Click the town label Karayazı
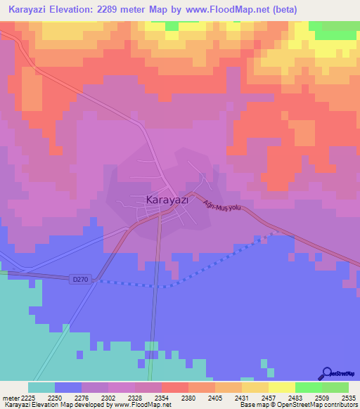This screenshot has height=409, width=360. click(x=167, y=200)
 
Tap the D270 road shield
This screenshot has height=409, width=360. click(x=81, y=280)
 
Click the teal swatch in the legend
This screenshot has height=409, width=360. click(x=41, y=387)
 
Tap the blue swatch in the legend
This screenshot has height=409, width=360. click(x=68, y=387)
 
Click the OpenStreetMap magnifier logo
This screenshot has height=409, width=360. click(x=326, y=373)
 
